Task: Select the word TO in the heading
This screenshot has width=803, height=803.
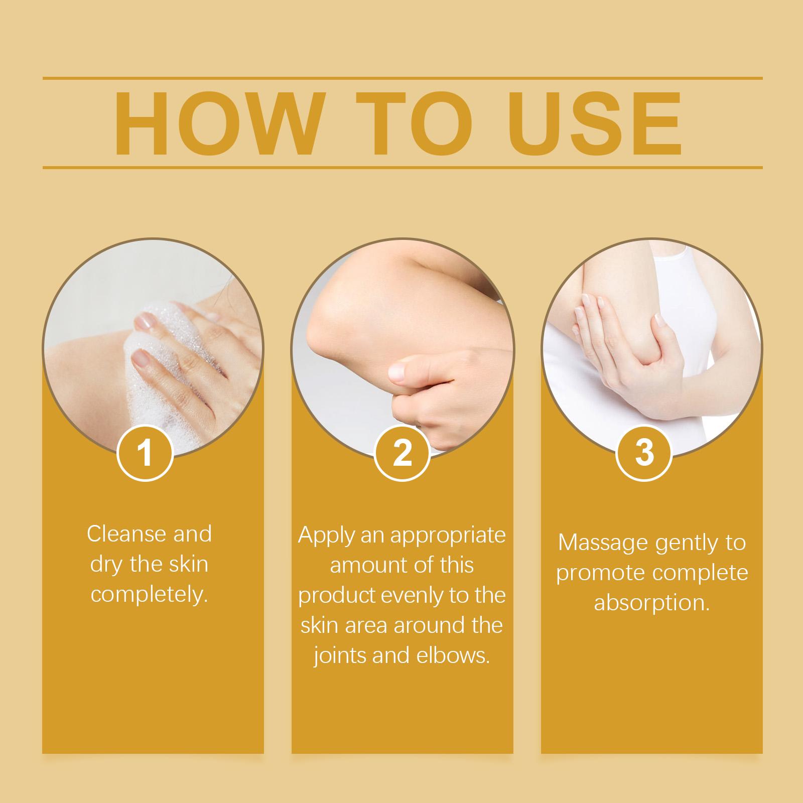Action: (415, 123)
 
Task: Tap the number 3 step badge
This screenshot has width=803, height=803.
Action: (644, 452)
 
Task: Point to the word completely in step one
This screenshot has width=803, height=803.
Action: (149, 595)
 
